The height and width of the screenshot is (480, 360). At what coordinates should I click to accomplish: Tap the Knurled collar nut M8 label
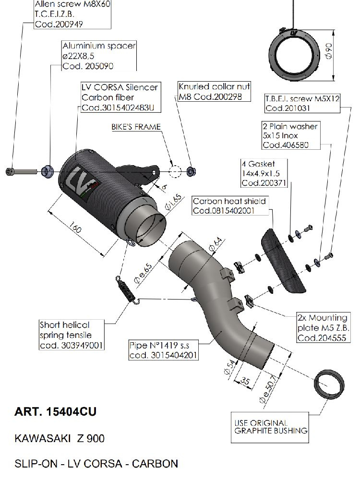click(x=215, y=92)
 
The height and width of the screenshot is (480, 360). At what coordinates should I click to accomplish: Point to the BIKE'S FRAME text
click(x=136, y=127)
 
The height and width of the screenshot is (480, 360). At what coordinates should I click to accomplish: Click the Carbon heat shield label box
click(x=229, y=205)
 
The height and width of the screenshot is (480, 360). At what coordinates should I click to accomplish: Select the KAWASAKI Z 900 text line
click(x=60, y=439)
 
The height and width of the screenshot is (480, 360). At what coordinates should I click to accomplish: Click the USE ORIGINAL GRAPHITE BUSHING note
click(x=270, y=427)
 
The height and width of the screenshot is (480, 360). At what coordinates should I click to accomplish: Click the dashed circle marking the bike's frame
click(x=175, y=171)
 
